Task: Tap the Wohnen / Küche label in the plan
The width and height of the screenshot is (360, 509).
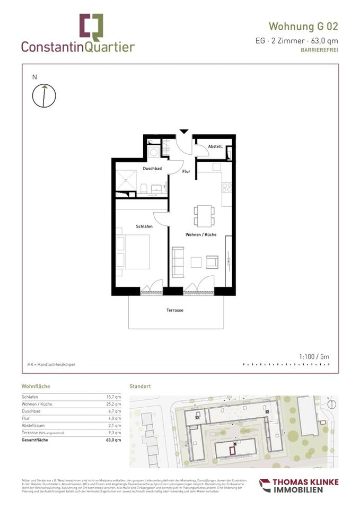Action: [200, 234]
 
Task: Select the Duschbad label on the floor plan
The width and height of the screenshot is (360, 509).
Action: [152, 169]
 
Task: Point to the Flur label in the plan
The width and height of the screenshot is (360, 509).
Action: [186, 172]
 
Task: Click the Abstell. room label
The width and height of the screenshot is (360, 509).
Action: [215, 146]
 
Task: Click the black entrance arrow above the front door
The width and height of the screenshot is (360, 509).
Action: [183, 131]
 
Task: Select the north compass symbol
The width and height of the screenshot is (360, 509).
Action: [44, 95]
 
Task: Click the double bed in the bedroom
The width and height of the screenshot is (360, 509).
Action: [133, 252]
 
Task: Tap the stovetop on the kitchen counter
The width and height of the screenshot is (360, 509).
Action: [226, 187]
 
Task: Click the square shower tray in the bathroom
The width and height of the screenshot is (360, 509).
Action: [127, 180]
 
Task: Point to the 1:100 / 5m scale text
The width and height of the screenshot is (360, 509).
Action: [314, 357]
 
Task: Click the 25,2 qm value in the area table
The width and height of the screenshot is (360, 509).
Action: [114, 405]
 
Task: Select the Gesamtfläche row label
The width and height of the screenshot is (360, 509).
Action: [38, 440]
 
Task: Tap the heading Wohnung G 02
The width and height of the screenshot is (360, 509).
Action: [303, 27]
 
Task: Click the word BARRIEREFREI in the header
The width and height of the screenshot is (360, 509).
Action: [319, 50]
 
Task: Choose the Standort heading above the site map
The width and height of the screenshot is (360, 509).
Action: [140, 386]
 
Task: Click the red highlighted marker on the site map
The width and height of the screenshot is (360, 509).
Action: [232, 450]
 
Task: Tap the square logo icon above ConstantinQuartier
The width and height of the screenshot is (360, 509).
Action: [91, 27]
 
